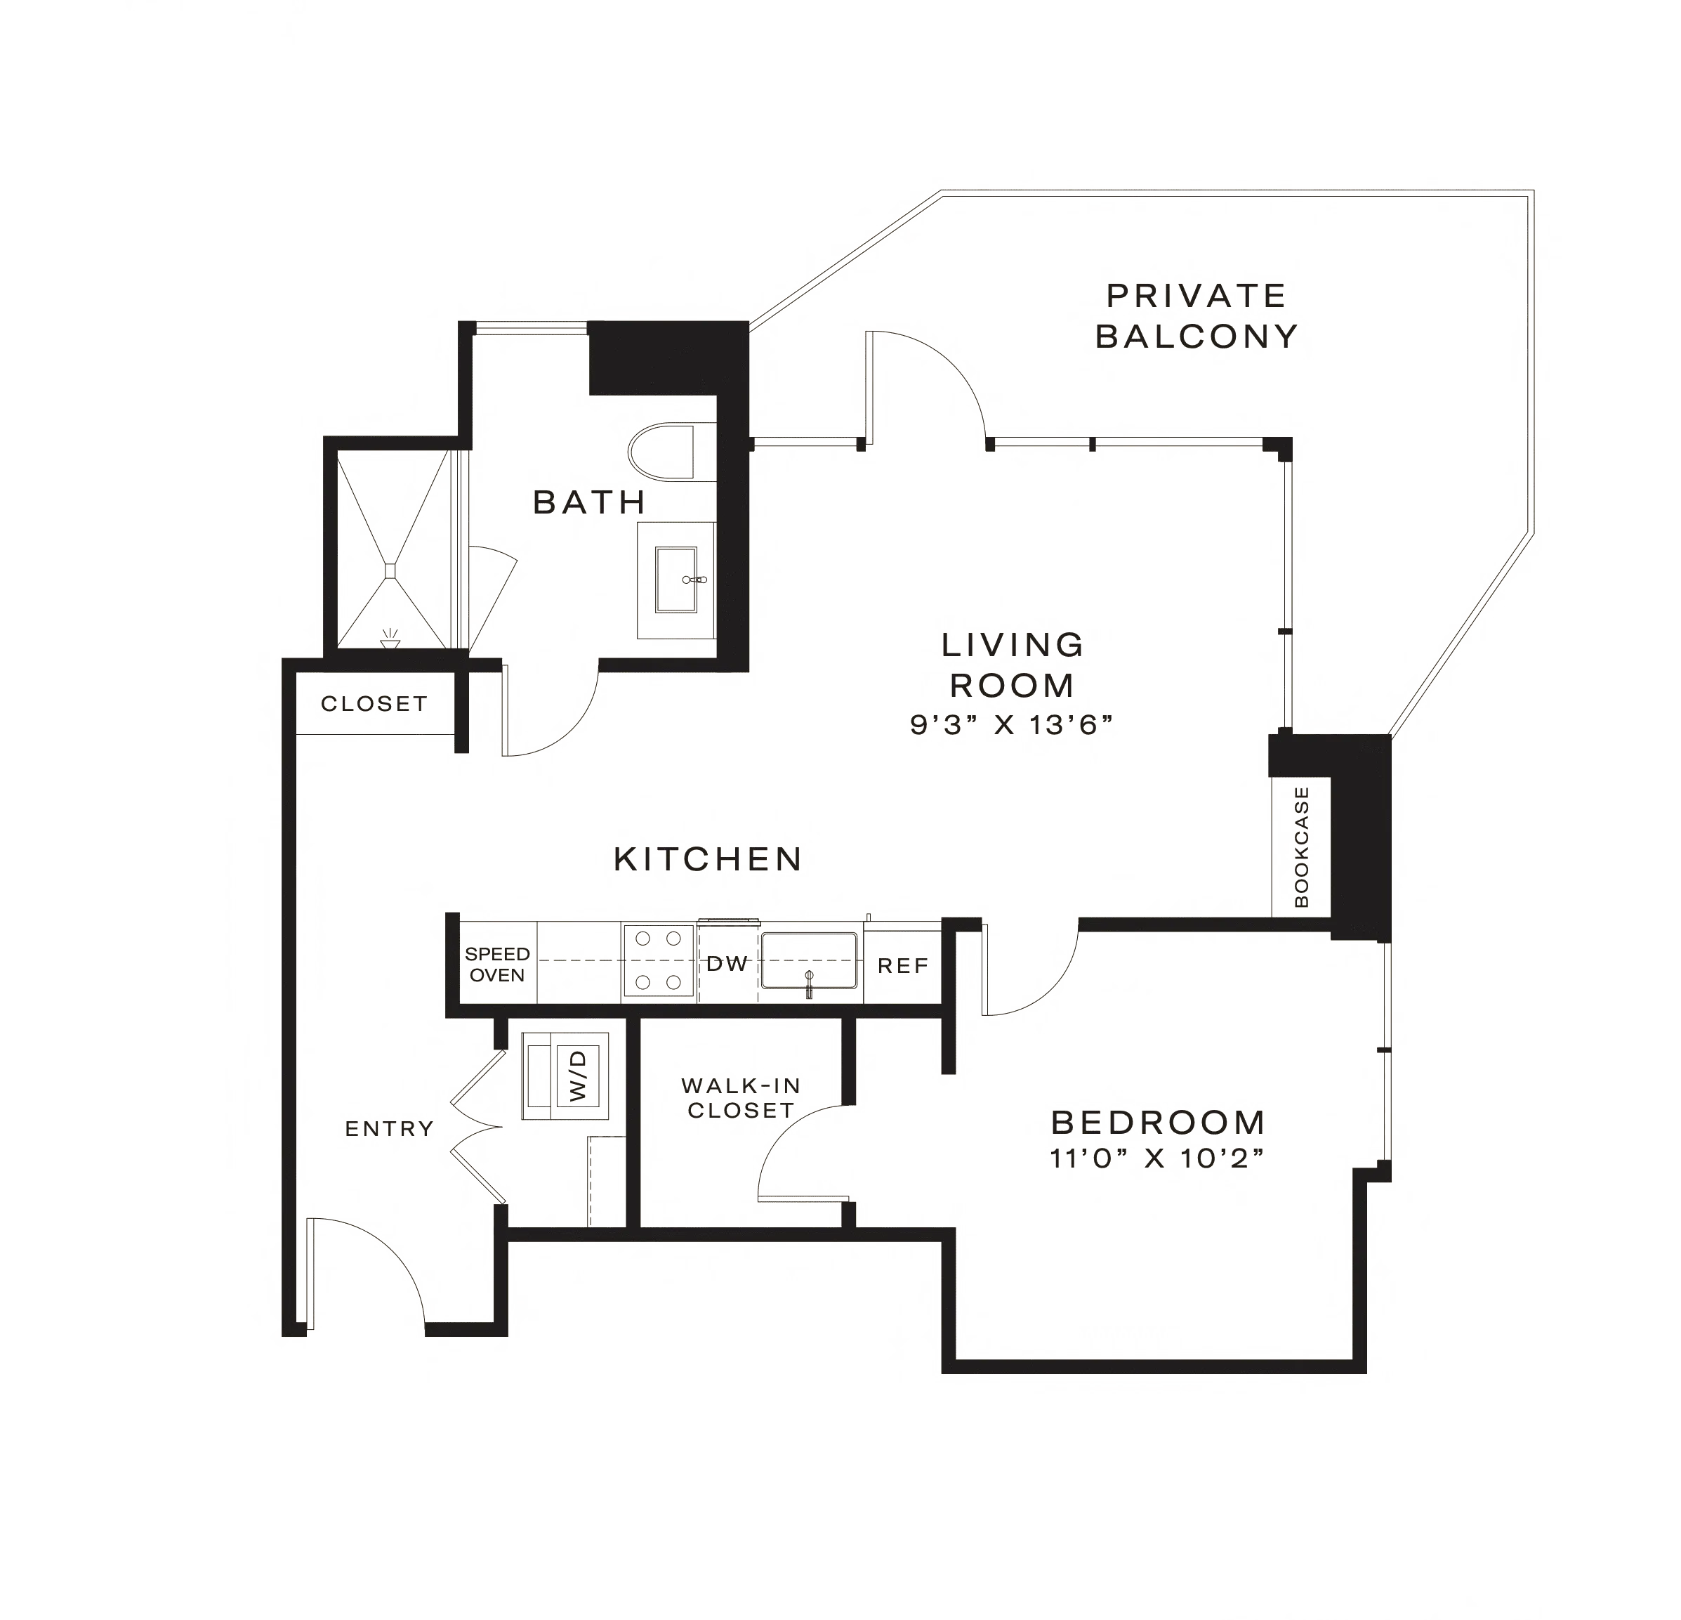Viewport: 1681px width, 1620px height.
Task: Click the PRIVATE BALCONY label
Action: pos(1196,315)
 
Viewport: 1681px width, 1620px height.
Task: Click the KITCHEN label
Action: pos(710,859)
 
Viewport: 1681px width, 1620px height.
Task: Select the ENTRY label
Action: pos(390,1129)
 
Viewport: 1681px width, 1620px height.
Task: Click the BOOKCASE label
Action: pos(1302,847)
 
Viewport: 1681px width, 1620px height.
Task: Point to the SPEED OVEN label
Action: pos(497,965)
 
